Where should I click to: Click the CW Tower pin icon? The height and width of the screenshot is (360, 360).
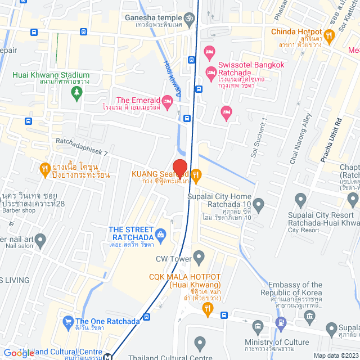(199, 258)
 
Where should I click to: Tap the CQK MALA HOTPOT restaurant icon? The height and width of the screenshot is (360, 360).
(208, 308)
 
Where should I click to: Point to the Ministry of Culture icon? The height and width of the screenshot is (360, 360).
(258, 327)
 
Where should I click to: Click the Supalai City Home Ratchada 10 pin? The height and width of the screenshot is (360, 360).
(258, 203)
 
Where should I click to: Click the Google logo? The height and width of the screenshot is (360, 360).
(18, 353)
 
